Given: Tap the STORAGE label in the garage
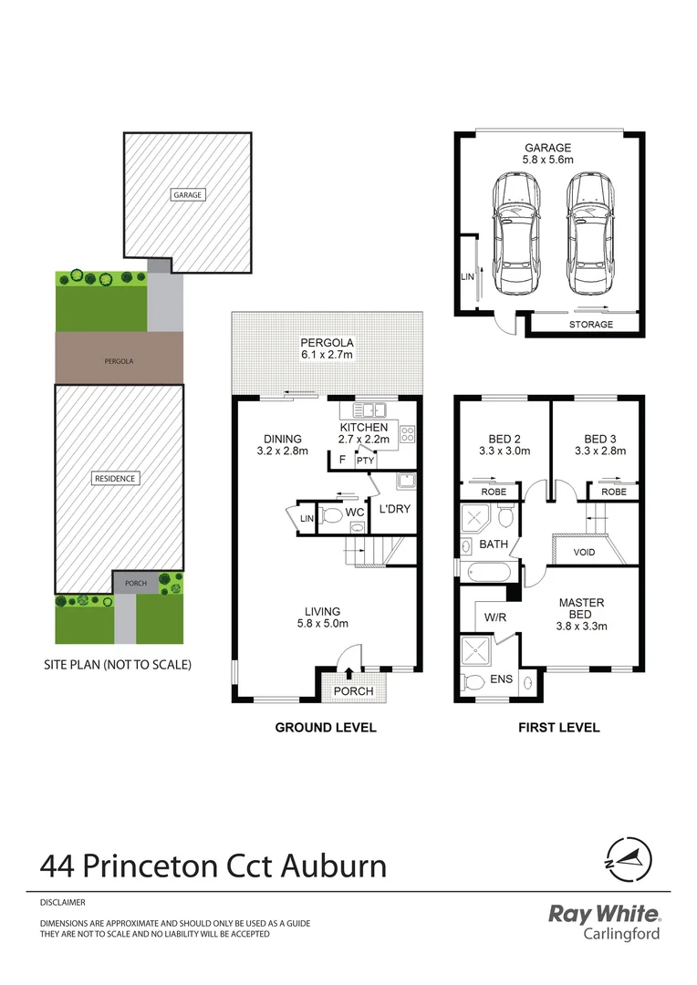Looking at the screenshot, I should (x=591, y=325).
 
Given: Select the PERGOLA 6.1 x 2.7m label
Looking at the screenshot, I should (x=328, y=349).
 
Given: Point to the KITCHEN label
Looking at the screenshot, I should (x=364, y=428).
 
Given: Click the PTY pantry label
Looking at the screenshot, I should (x=366, y=461).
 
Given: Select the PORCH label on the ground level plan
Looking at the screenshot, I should (x=353, y=691).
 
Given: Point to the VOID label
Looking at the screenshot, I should (x=584, y=553).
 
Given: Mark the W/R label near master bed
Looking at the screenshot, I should (x=495, y=617).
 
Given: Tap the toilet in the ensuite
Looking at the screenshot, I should (x=473, y=681).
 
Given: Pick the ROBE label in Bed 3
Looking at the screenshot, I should (x=614, y=491).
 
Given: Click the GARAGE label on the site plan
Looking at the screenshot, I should (x=188, y=194).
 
